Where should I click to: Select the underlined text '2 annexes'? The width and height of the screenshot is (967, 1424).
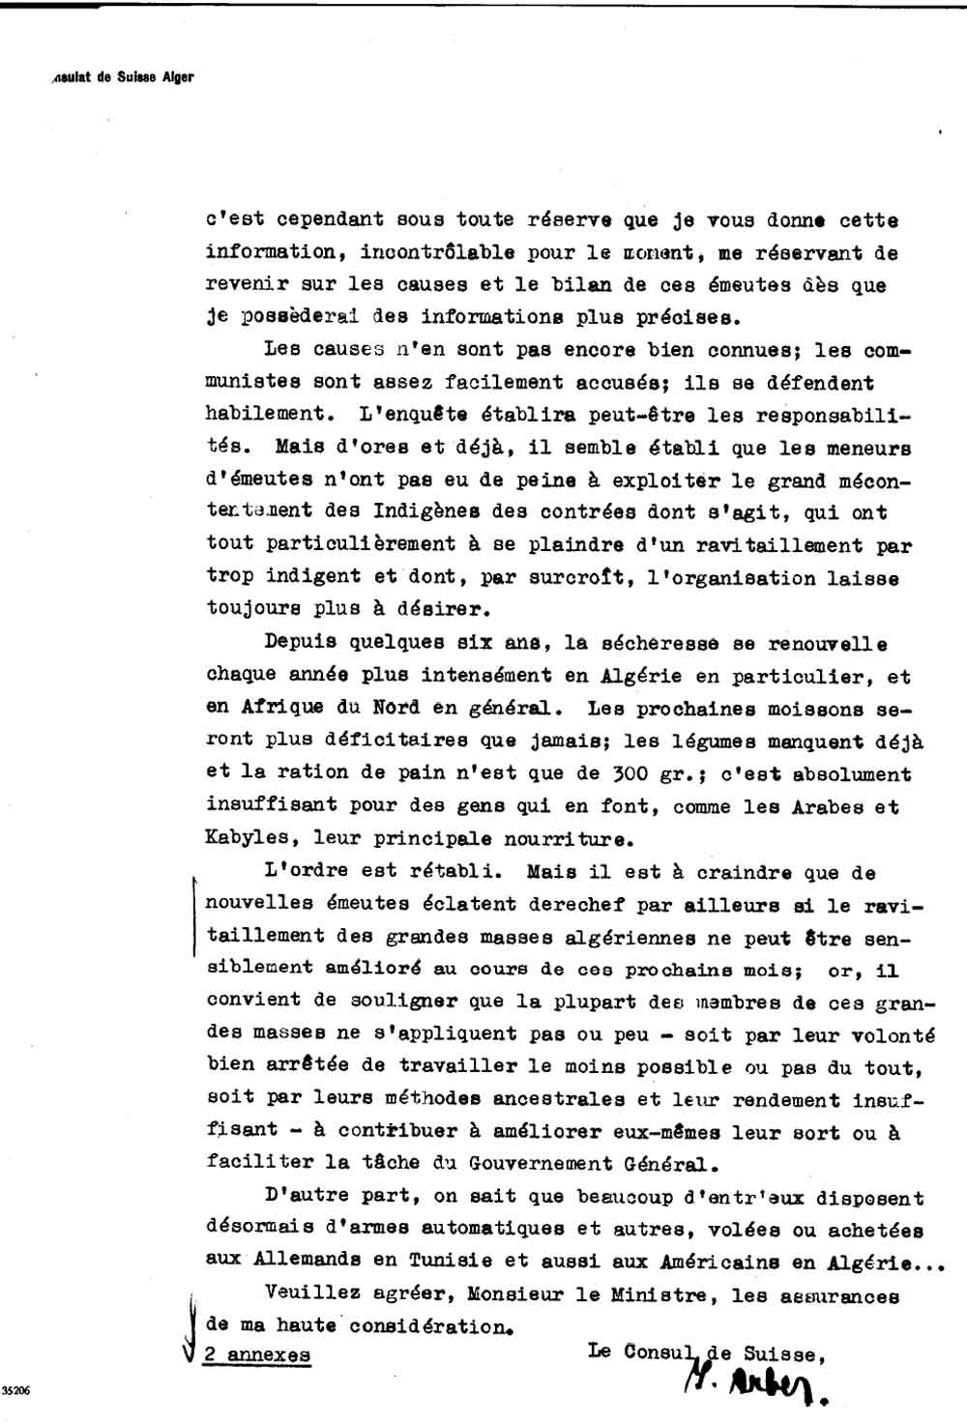(x=257, y=1354)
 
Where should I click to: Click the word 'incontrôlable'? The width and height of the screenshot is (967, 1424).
(x=437, y=252)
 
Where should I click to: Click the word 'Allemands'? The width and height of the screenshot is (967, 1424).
(x=307, y=1261)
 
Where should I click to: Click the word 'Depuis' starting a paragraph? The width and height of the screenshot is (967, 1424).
(x=300, y=643)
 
